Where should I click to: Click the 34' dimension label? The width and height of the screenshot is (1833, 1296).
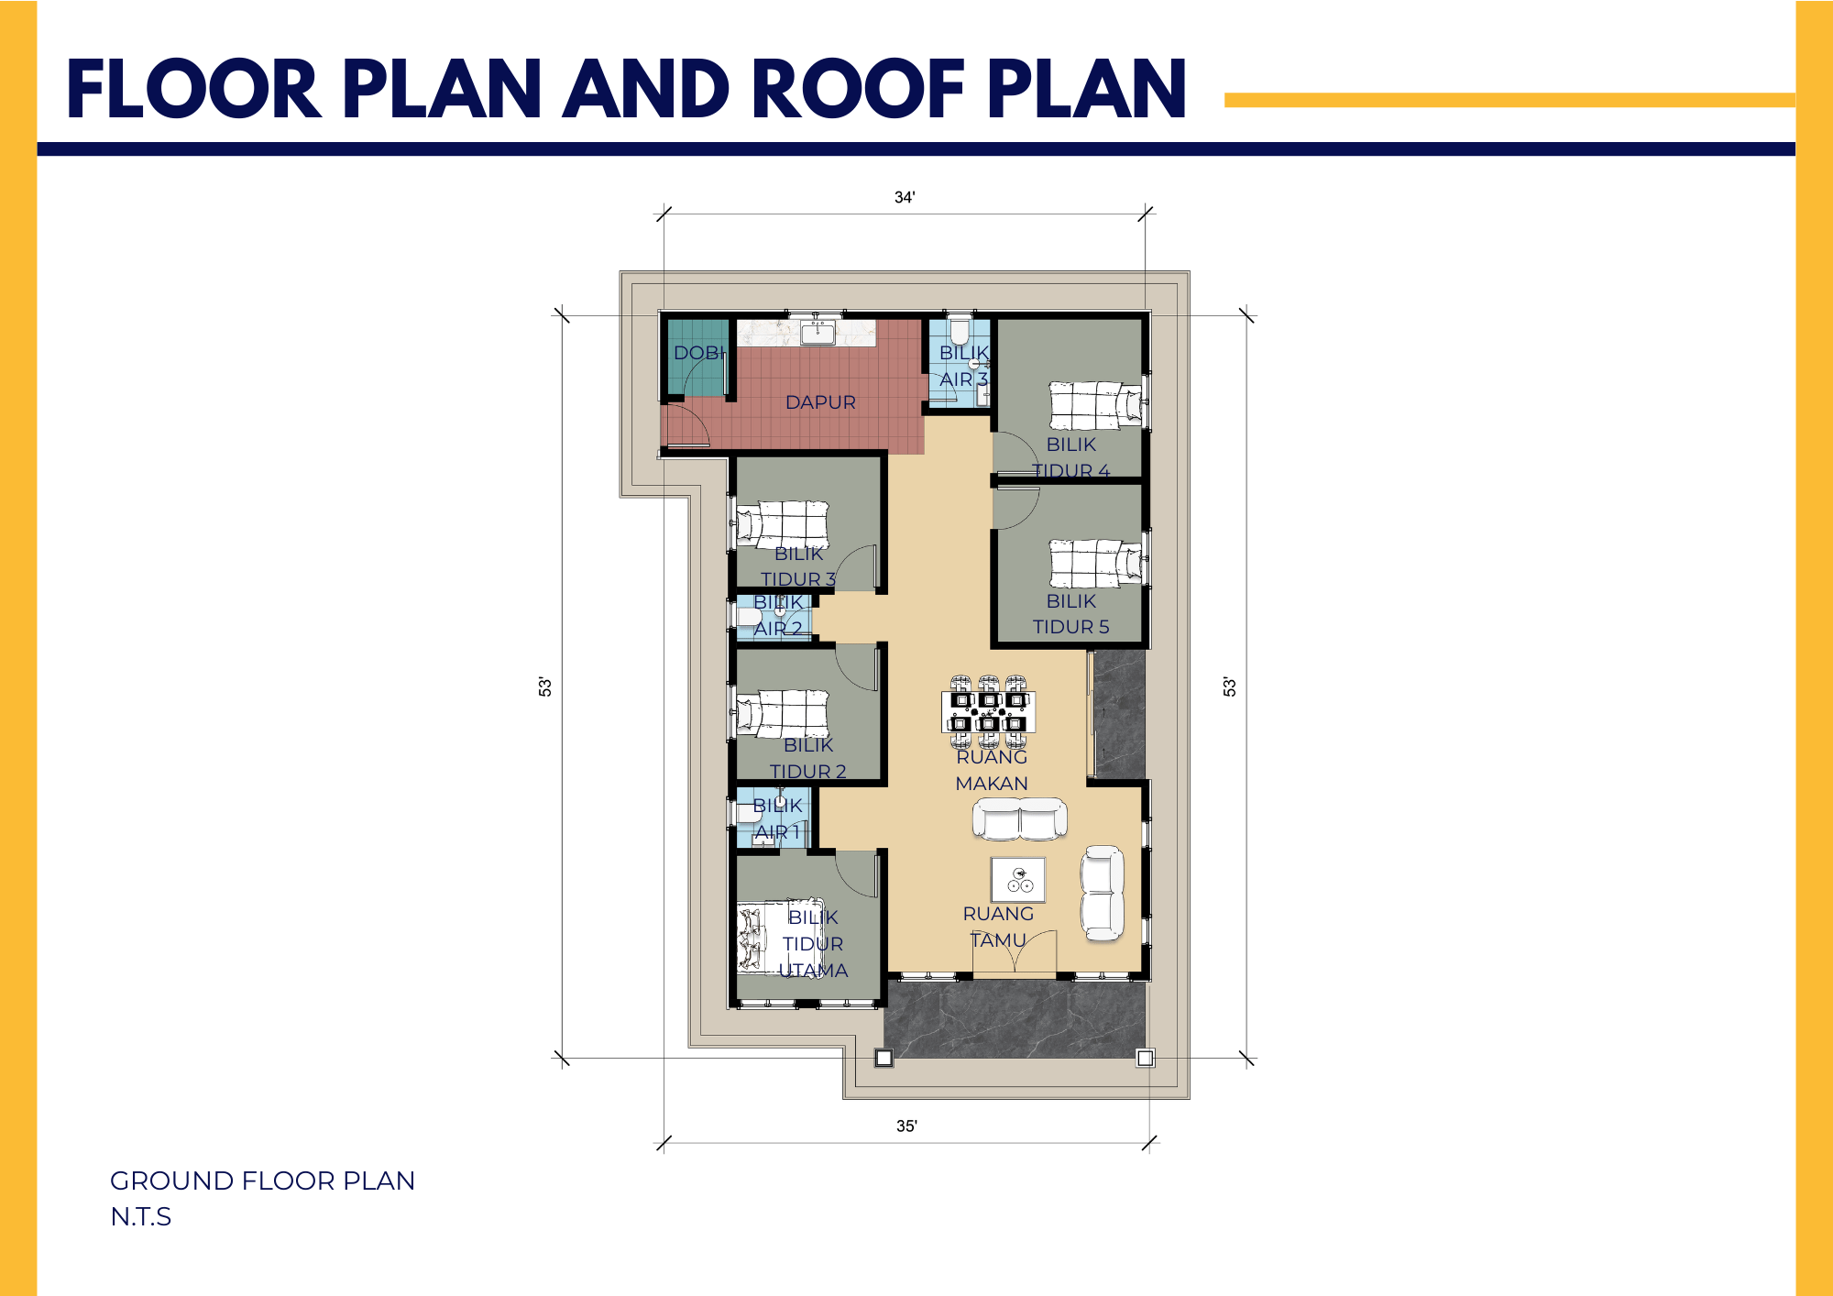point(905,197)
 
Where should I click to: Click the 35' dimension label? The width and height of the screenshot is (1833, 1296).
point(906,1126)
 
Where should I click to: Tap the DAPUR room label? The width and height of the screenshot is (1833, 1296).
point(820,402)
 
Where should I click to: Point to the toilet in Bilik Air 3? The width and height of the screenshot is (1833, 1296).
point(960,330)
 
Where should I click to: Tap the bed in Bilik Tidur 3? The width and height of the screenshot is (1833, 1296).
point(782,525)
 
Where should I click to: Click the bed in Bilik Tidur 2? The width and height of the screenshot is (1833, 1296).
point(782,714)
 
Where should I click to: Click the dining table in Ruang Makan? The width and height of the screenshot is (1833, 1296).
point(989,712)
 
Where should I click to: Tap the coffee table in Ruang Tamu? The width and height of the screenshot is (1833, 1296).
point(1017,880)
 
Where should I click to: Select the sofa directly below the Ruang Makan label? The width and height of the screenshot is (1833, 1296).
point(1019,818)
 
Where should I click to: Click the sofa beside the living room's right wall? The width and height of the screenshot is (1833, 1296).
point(1103,893)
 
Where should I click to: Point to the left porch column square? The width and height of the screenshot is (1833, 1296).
point(884,1058)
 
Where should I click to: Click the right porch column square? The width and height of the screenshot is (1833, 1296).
point(1145,1058)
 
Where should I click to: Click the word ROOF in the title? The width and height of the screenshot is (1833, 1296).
point(859,89)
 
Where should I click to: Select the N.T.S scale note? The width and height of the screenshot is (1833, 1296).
point(141,1216)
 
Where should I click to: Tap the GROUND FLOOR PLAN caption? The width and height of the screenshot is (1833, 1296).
point(262,1181)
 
